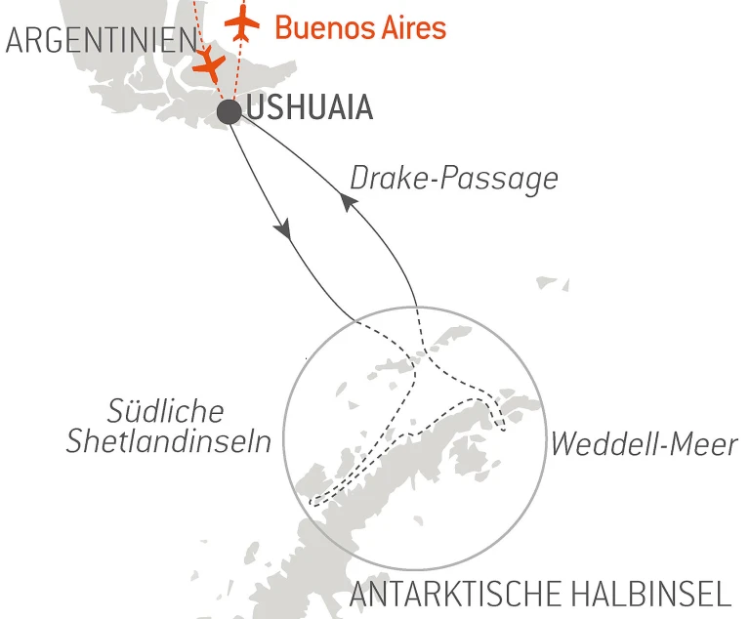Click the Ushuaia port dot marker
pos(229,111)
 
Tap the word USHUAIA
pos(310,108)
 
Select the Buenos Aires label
pos(360,26)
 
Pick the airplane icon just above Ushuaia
pos(208,65)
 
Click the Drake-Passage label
pos(453,179)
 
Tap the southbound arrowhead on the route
pos(283,230)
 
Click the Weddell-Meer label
pos(644,445)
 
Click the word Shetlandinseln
pos(168,442)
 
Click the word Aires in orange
pos(408,26)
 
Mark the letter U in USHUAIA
pos(255,108)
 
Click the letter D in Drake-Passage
pos(358,179)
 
